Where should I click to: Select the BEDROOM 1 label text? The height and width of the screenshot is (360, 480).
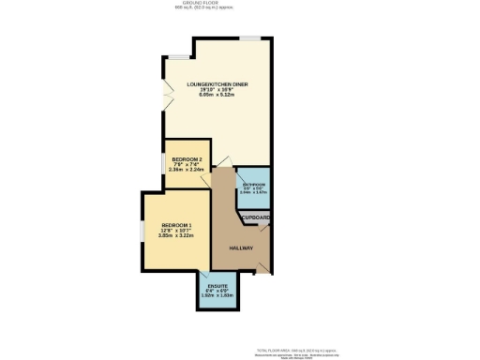tap(176, 226)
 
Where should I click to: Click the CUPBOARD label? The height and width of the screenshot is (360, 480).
tap(256, 217)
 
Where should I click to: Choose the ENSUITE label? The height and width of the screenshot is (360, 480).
tap(217, 285)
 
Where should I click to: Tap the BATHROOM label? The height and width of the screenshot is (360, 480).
tap(254, 184)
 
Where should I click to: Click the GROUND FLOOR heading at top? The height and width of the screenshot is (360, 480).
tap(240, 4)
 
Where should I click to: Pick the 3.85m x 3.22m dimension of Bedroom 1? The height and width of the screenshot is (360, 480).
tap(176, 237)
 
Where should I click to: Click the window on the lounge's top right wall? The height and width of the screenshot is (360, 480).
tap(249, 38)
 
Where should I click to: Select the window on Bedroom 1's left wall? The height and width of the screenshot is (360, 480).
tap(142, 231)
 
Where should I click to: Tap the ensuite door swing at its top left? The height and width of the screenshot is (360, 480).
tap(203, 275)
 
